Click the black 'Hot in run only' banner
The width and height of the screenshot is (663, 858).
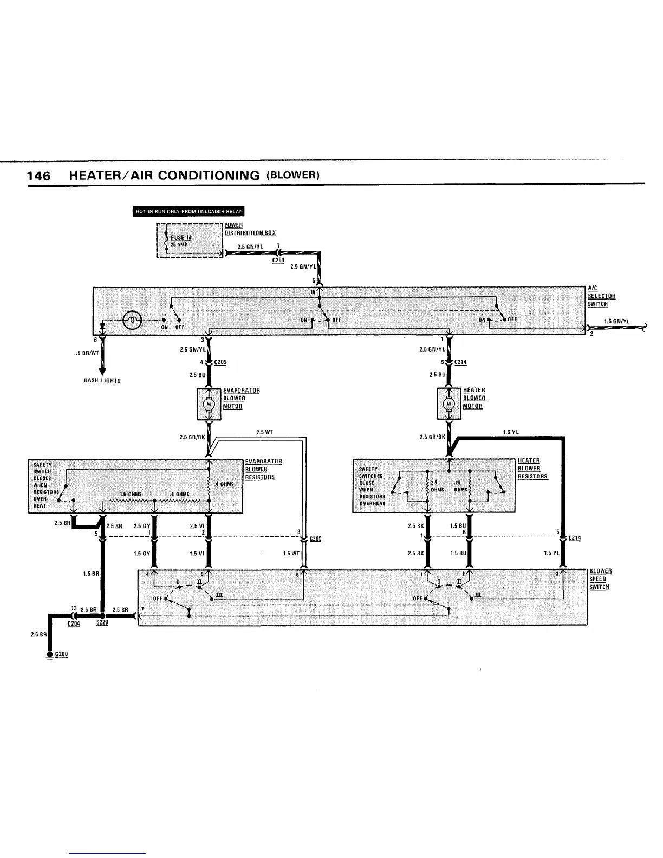click(189, 211)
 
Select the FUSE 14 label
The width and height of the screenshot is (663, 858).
click(181, 237)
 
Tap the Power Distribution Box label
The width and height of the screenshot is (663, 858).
click(250, 229)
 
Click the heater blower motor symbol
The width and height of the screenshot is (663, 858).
click(448, 404)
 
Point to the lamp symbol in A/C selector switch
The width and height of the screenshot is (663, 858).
click(132, 320)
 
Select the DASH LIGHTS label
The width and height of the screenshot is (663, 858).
click(102, 381)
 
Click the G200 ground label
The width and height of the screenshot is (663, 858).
click(61, 654)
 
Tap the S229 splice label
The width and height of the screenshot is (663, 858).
click(102, 623)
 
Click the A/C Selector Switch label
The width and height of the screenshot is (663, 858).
click(601, 296)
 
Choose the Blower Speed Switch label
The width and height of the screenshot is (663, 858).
click(600, 579)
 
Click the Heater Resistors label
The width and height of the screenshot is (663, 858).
click(532, 469)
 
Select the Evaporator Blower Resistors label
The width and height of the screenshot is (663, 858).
click(263, 469)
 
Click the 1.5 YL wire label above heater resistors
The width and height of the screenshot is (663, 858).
click(511, 432)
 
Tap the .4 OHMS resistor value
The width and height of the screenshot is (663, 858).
click(224, 484)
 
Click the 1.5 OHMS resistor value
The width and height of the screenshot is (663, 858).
click(130, 494)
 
